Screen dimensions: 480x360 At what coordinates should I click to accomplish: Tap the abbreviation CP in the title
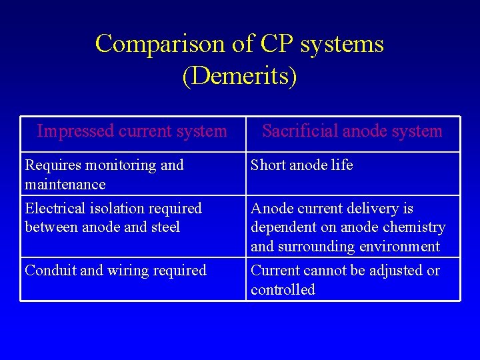click(274, 44)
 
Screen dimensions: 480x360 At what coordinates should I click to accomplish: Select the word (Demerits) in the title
click(239, 76)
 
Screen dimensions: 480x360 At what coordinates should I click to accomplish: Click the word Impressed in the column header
click(75, 131)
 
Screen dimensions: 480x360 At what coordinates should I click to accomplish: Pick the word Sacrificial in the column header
click(301, 131)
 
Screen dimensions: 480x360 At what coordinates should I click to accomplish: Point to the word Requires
click(50, 165)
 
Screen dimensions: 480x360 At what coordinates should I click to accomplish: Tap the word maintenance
click(65, 184)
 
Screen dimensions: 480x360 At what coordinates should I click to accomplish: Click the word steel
click(165, 227)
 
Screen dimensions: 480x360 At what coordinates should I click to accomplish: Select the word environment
click(399, 247)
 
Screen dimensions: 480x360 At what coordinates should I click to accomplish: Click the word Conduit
click(49, 271)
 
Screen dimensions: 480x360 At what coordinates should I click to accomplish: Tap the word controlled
click(283, 290)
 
